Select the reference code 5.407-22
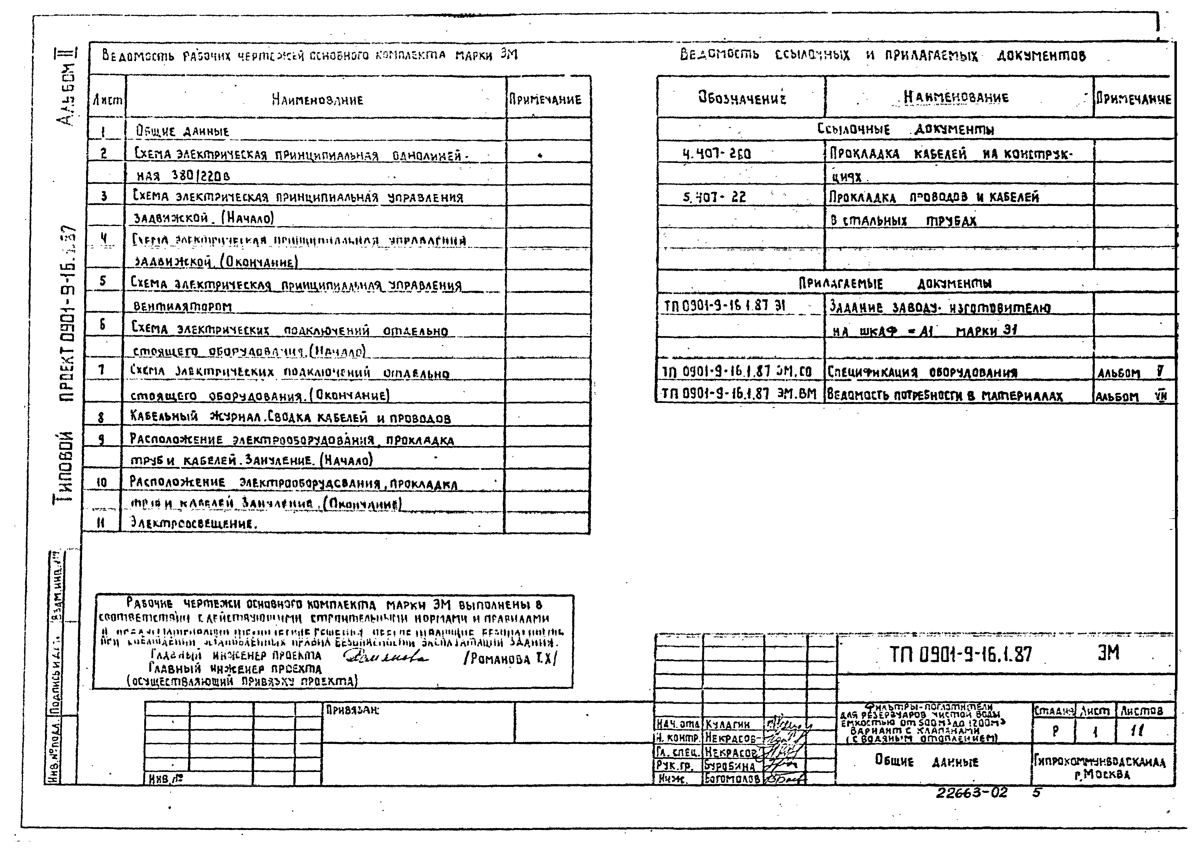tap(714, 197)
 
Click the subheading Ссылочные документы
tap(905, 129)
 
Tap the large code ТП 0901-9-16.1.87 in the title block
tap(961, 655)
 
